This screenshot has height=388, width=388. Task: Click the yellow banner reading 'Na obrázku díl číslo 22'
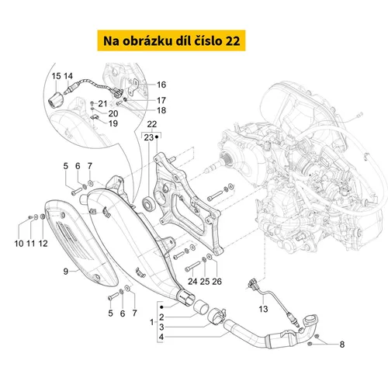coord(171,40)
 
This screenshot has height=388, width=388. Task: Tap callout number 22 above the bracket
coord(152,124)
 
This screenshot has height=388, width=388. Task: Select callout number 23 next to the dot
coord(149,137)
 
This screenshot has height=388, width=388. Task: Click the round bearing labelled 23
coord(149,203)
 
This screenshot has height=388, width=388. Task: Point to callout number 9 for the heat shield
coord(66,272)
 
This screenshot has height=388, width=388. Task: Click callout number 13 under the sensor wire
coord(263,309)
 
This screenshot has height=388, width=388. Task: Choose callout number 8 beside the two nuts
coord(342,345)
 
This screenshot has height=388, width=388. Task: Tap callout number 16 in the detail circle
coord(161,85)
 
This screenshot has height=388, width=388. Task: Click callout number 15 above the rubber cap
coord(56,76)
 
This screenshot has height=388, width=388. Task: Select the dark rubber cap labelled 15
coord(56,100)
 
